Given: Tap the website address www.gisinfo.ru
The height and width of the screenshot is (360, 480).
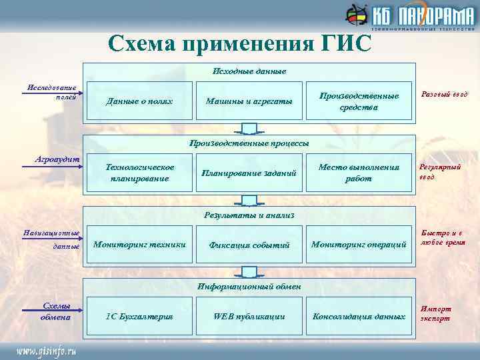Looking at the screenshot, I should click(x=47, y=349).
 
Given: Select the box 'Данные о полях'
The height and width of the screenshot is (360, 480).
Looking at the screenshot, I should click(x=140, y=101).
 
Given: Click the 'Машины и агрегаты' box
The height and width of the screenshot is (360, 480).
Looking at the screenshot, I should click(x=249, y=101).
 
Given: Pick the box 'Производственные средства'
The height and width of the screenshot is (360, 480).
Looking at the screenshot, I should click(x=359, y=101).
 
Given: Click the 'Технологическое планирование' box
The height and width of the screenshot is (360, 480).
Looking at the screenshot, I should click(x=140, y=173).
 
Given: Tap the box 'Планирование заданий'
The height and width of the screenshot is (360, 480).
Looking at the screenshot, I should click(x=249, y=173).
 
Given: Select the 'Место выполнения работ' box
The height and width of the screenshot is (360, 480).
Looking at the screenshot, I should click(x=359, y=173).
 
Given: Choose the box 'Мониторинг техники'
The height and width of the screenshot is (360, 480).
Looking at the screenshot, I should click(x=140, y=245).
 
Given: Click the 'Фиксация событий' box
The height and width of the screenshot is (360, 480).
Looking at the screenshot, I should click(x=249, y=245).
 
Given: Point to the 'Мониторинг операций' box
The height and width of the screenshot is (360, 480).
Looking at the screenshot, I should click(x=359, y=245).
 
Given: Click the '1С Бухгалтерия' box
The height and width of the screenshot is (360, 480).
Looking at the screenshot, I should click(x=140, y=315).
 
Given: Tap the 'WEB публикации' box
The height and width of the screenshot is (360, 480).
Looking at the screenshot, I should click(x=249, y=315).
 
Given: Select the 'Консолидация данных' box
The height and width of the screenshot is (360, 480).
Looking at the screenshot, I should click(x=359, y=315).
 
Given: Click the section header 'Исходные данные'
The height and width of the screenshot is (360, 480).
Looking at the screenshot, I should click(x=249, y=71).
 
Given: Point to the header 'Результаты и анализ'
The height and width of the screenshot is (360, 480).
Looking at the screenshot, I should click(x=249, y=215).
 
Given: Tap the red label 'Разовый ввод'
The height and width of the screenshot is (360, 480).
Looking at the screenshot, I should click(x=445, y=95).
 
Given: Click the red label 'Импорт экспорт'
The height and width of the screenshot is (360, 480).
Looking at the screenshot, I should click(x=435, y=313).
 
